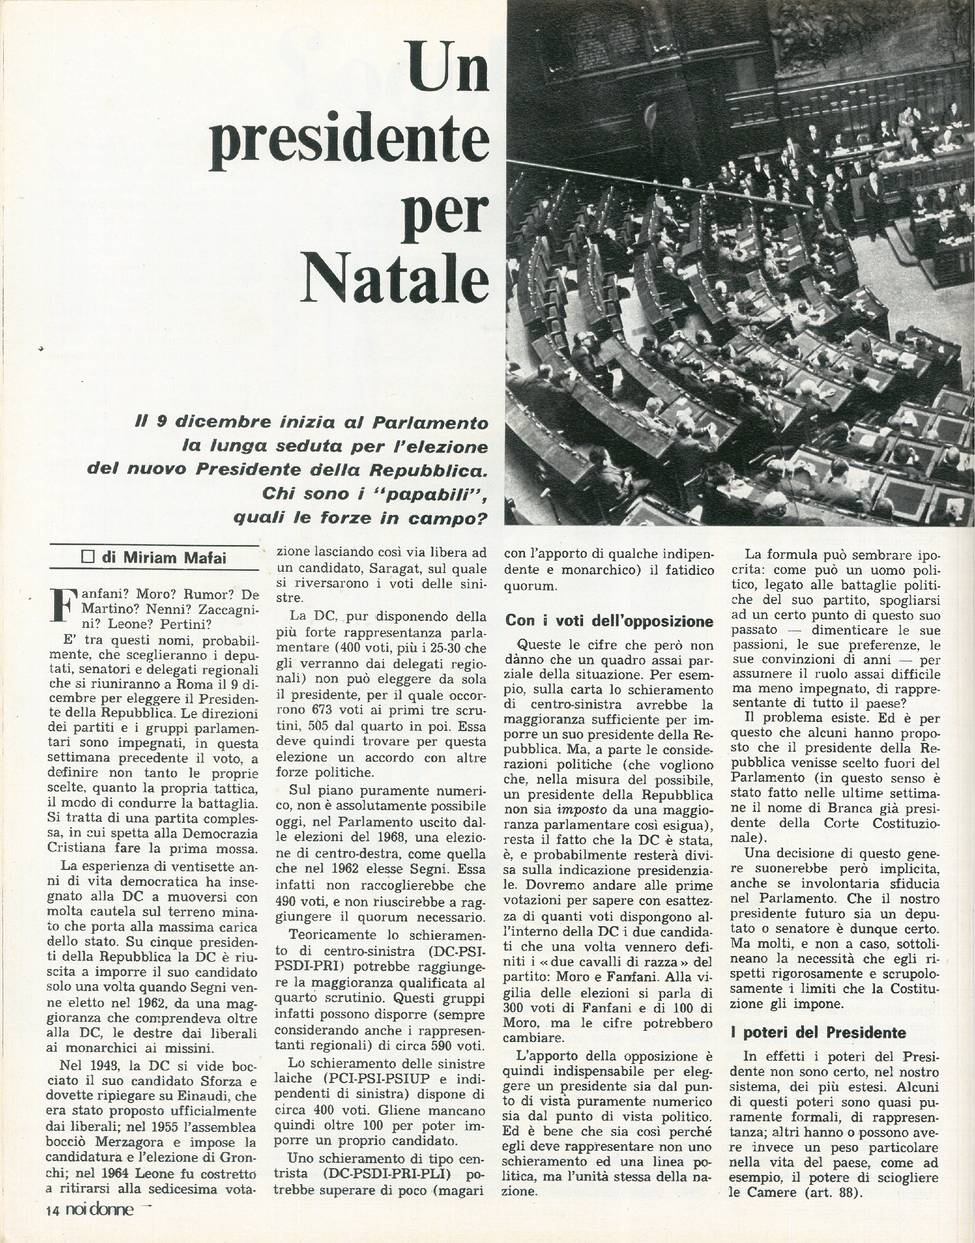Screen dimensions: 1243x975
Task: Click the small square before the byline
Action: tap(88, 557)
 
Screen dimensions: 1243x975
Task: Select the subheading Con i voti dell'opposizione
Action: tap(609, 621)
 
